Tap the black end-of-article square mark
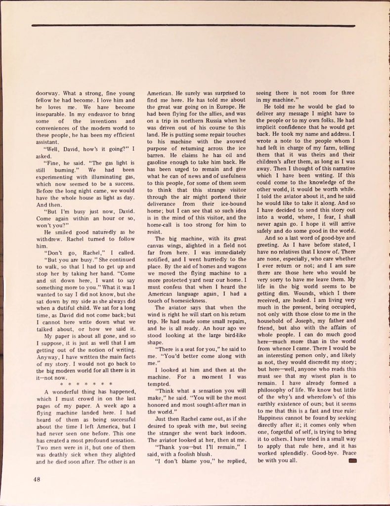point(352,461)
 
